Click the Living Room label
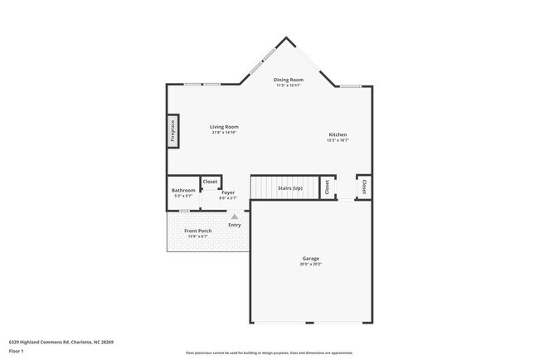coord(224,127)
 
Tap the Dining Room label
coord(289,80)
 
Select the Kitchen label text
coord(337,134)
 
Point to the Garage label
coord(311,258)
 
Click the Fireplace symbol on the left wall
coord(173,132)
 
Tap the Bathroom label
coord(183,191)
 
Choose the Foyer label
coord(228,192)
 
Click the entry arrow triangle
coord(235,216)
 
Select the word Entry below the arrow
coord(235,225)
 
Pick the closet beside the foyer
coord(210,182)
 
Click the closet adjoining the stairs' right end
coord(327,187)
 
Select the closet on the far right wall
coord(363,187)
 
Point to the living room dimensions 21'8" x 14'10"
coord(224,133)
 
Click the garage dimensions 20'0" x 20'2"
coord(311,264)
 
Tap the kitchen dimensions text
coord(337,140)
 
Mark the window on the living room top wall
coord(202,84)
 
